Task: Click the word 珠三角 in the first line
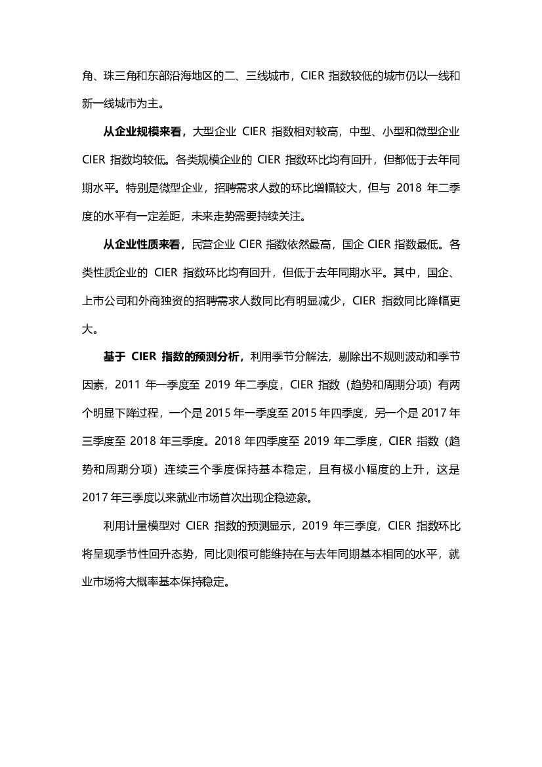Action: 116,75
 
